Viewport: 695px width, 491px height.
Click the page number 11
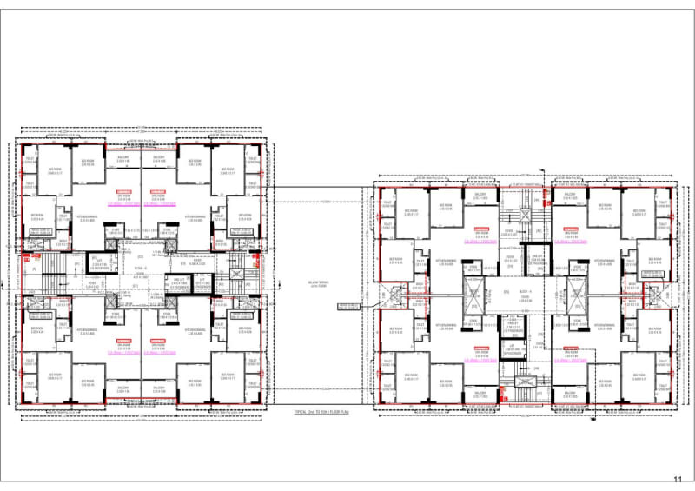point(678,478)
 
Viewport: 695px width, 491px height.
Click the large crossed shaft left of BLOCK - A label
point(474,295)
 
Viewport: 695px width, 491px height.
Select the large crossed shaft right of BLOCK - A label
point(576,295)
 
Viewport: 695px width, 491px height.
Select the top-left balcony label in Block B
point(122,158)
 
